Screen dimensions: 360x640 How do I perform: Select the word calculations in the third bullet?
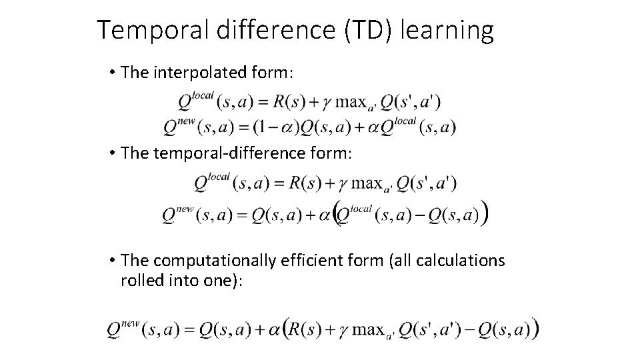pos(462,261)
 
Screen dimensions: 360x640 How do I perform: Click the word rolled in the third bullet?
pos(140,281)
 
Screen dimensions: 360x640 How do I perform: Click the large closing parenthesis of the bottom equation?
pos(536,329)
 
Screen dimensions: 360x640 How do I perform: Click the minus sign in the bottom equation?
pos(475,329)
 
